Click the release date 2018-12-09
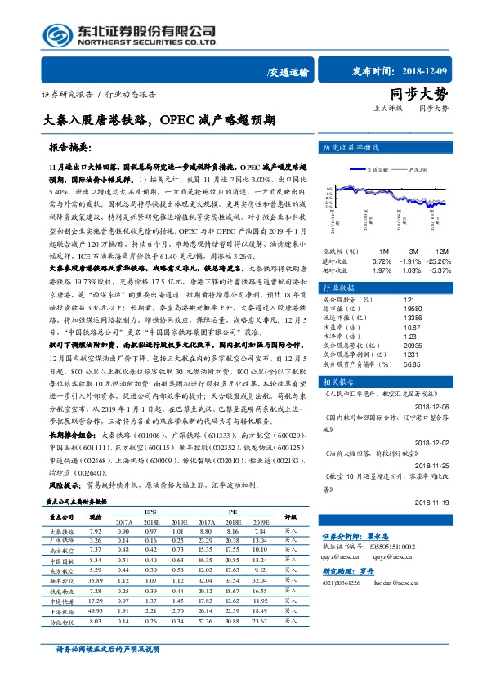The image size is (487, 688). coord(407,71)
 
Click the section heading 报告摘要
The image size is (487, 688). coord(71,150)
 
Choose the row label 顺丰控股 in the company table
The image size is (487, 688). coord(62,579)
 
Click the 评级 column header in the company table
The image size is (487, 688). coord(289,516)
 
